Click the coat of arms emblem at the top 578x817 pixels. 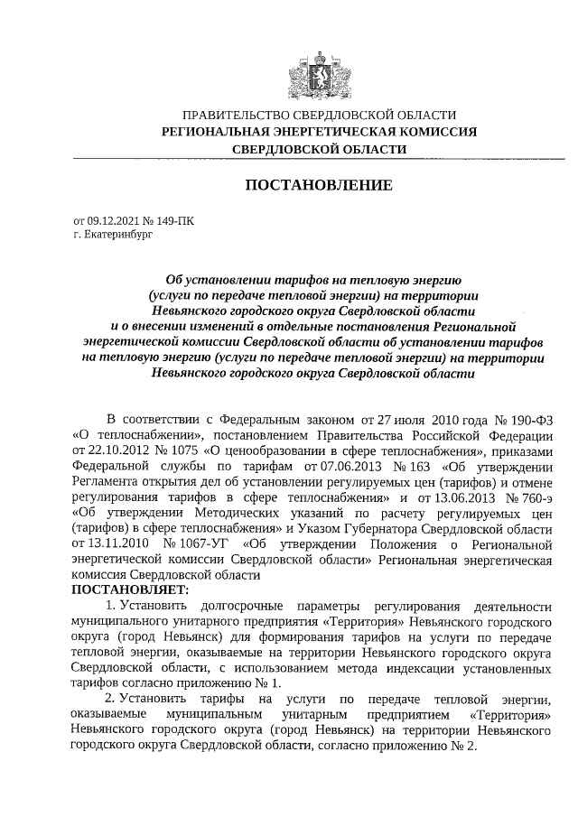coord(319,71)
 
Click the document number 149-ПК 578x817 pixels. coord(173,219)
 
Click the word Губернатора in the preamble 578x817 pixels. coord(372,527)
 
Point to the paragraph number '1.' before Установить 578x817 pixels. coord(111,605)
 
